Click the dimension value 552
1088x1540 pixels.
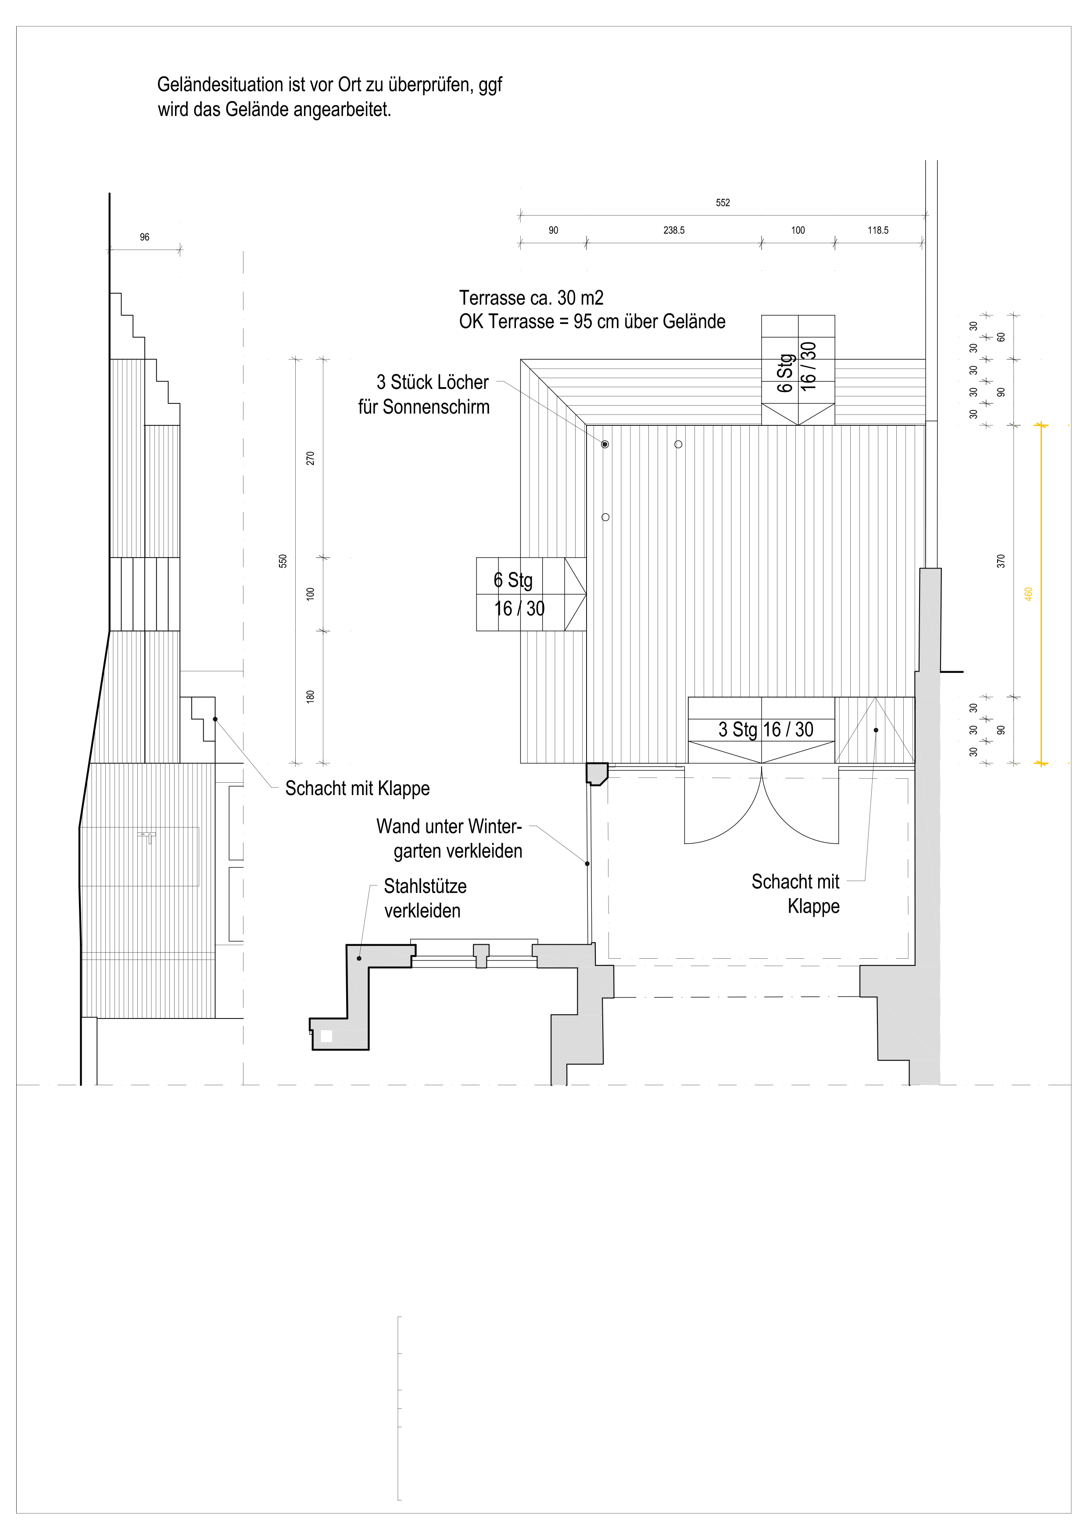(x=723, y=202)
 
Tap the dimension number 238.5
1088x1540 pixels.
(x=674, y=230)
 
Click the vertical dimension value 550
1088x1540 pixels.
(x=283, y=561)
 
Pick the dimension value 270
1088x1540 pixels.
(x=310, y=459)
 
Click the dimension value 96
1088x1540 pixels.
(x=145, y=237)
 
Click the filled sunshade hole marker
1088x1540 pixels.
(x=605, y=444)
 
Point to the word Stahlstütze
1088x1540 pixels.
(x=425, y=886)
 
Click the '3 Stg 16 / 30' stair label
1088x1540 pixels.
(x=766, y=729)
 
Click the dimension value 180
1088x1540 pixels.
(x=310, y=696)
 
